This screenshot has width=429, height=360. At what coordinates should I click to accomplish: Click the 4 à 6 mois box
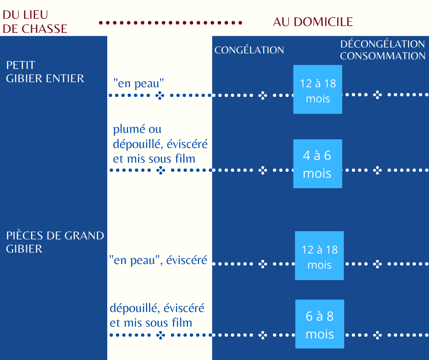pyautogui.click(x=318, y=164)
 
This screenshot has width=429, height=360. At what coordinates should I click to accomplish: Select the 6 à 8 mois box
pyautogui.click(x=319, y=324)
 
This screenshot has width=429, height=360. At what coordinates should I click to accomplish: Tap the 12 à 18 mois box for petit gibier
pyautogui.click(x=318, y=90)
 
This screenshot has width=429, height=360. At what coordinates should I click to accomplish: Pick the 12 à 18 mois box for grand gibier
pyautogui.click(x=319, y=256)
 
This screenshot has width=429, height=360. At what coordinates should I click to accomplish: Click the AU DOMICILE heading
pyautogui.click(x=313, y=22)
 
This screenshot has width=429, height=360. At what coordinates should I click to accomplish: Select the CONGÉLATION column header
pyautogui.click(x=249, y=50)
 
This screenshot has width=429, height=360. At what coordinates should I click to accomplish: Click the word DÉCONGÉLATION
pyautogui.click(x=382, y=44)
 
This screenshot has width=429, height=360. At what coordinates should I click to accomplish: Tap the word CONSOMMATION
pyautogui.click(x=383, y=56)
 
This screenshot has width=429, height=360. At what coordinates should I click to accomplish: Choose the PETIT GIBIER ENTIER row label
pyautogui.click(x=45, y=72)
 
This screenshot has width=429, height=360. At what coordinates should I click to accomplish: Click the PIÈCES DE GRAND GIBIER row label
pyautogui.click(x=55, y=242)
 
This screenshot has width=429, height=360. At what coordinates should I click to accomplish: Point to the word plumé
pyautogui.click(x=129, y=129)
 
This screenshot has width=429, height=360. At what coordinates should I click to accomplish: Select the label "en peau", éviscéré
pyautogui.click(x=158, y=260)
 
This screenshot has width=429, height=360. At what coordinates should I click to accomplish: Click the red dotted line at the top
pyautogui.click(x=170, y=23)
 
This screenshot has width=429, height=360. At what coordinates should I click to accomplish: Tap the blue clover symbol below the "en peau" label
pyautogui.click(x=160, y=95)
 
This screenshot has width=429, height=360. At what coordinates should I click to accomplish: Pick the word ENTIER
pyautogui.click(x=65, y=79)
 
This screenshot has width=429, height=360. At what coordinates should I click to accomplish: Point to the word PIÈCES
pyautogui.click(x=25, y=236)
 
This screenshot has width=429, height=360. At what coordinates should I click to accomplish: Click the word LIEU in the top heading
pyautogui.click(x=36, y=15)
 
